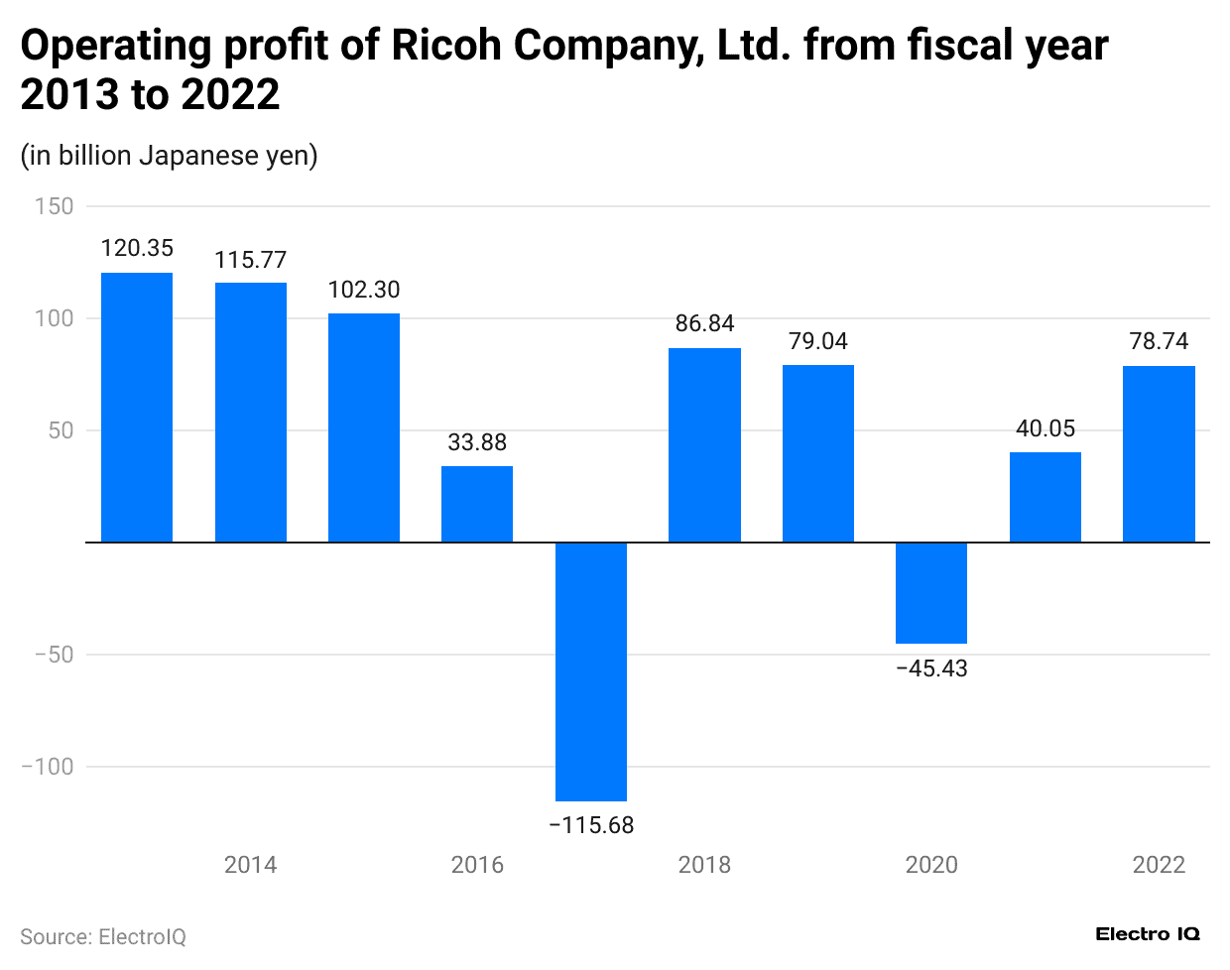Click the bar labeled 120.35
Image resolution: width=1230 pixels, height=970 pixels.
(x=137, y=407)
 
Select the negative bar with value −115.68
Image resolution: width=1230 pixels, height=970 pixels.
(x=591, y=670)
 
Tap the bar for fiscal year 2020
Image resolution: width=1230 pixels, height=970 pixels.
(x=931, y=592)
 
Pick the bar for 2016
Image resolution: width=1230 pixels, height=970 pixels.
(x=477, y=504)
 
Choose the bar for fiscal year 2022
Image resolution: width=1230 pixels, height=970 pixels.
(x=1159, y=453)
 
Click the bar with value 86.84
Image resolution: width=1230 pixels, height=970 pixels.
(x=704, y=444)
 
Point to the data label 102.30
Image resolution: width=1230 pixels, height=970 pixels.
(x=364, y=290)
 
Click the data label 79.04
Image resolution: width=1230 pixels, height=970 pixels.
(x=818, y=341)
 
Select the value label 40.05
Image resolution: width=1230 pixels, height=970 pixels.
(x=1045, y=428)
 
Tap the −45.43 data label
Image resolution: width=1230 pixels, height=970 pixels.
(x=931, y=668)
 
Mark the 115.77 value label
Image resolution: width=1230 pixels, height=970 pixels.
(x=251, y=260)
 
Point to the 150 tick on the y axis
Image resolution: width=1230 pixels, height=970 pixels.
(x=54, y=206)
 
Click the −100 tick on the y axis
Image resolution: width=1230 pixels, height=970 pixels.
(x=47, y=767)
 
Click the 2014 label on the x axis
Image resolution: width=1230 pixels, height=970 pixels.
(x=251, y=865)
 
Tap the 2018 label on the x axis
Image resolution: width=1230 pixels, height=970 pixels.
(x=704, y=865)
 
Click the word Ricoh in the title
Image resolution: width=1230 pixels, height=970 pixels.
(x=447, y=46)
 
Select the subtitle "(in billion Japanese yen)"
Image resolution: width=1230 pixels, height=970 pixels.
(x=169, y=156)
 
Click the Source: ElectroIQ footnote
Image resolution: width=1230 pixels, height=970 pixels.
(x=103, y=937)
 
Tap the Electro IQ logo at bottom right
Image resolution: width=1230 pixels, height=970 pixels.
(x=1148, y=934)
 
